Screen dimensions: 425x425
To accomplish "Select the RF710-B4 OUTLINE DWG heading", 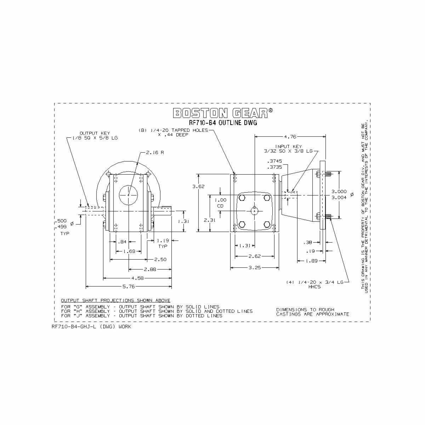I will [223, 123].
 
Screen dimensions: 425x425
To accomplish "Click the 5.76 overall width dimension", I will [129, 286].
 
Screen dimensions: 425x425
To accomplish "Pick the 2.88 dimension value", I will [150, 269].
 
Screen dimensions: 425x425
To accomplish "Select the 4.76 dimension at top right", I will [290, 136].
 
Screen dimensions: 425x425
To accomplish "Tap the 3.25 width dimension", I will [255, 268].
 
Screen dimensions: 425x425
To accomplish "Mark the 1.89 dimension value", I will [311, 261].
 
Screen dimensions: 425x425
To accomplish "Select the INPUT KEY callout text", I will [289, 149].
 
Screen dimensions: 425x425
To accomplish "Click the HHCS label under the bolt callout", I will [314, 287].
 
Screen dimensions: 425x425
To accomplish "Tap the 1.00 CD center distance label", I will [221, 202].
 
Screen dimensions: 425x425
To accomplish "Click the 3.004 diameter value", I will [339, 198].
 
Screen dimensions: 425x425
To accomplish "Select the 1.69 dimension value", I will [129, 251].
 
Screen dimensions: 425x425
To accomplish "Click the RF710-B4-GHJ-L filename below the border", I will [91, 327].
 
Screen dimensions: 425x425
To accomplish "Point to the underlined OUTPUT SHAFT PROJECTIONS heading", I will [115, 300].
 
